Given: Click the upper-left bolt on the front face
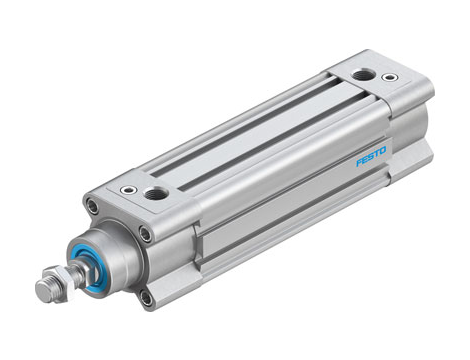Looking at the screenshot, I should [x=91, y=209].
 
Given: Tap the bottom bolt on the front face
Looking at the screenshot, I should [x=147, y=296].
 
